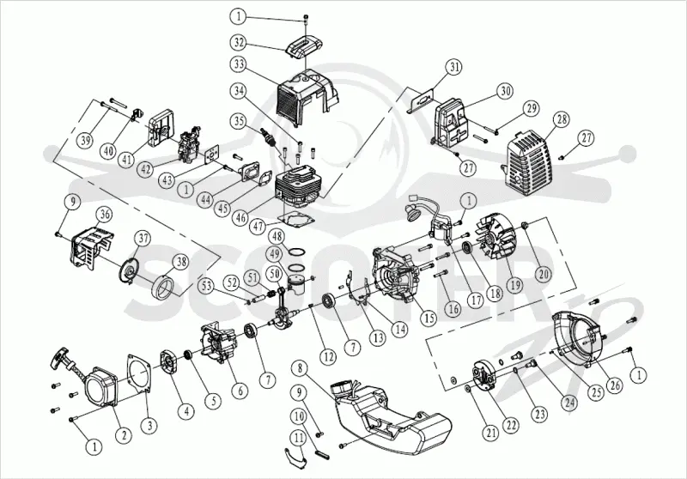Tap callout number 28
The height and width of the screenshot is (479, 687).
(562, 119)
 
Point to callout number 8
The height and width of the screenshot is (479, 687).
(300, 368)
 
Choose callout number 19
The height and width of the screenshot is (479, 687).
(514, 285)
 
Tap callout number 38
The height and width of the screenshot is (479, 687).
(180, 262)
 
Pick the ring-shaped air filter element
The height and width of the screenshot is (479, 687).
(164, 288)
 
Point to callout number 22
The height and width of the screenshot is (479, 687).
(511, 425)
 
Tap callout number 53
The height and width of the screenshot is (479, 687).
(206, 288)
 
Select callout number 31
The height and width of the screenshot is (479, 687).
(454, 68)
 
